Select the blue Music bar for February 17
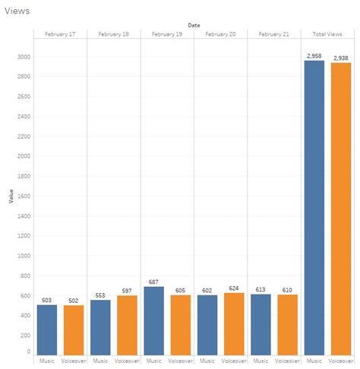pos(47,330)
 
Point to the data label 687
pos(153,282)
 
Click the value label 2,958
pos(314,56)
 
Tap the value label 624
pos(233,288)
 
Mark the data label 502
pos(74,300)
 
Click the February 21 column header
pos(273,34)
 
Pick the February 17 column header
pos(60,34)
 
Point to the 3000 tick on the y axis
pos(24,57)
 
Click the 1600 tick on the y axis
pos(24,195)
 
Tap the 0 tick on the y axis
pos(28,352)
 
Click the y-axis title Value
pos(11,196)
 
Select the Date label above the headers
pos(194,25)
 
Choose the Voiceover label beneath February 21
pos(287,362)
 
